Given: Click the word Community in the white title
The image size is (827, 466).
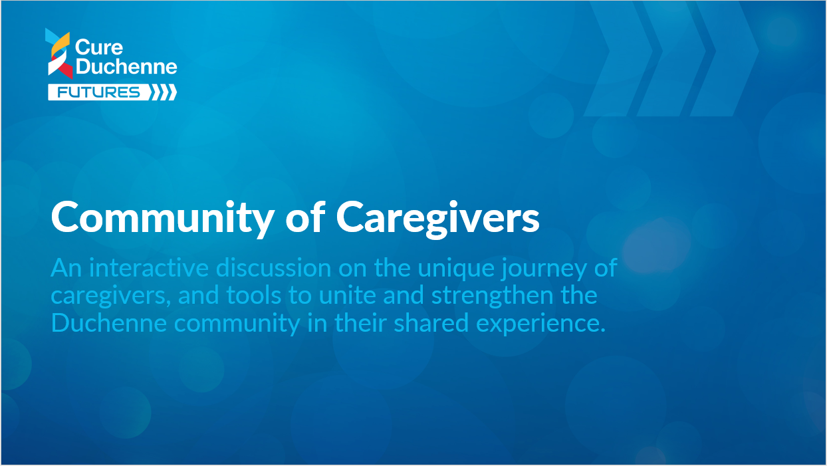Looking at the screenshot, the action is tap(162, 218).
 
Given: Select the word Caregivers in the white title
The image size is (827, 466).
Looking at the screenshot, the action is tap(437, 218).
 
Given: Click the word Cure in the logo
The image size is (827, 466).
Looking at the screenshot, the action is tap(99, 48).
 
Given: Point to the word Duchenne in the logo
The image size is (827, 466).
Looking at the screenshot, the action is tap(126, 66).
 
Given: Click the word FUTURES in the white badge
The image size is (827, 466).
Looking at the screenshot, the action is tap(98, 92).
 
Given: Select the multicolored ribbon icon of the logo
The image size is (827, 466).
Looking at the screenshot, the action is tap(59, 54).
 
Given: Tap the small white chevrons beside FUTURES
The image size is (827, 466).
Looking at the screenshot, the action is tap(163, 92).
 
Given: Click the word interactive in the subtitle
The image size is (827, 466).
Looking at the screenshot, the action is tap(149, 268).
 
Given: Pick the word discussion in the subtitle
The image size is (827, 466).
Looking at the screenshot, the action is tap(274, 268).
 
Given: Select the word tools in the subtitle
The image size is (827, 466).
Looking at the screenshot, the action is tap(254, 295).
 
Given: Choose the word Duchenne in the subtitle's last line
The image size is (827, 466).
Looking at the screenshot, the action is tap(108, 323).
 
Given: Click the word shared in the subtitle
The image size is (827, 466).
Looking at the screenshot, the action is tap(431, 323).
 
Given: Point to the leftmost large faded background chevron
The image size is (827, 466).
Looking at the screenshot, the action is tap(619, 58).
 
